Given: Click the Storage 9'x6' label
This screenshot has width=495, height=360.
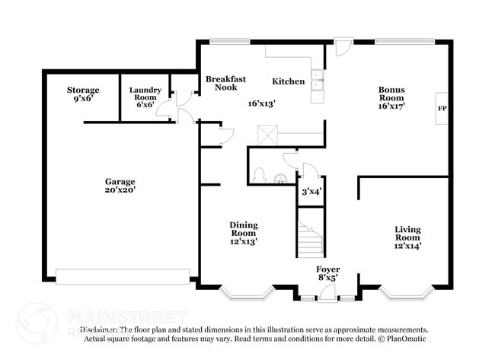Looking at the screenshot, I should pyautogui.click(x=82, y=94).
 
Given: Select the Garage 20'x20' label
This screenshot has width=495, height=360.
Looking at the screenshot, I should pyautogui.click(x=120, y=186).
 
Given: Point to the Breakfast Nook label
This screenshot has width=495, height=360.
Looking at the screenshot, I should pyautogui.click(x=225, y=83).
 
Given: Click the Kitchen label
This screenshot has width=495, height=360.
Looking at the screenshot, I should pyautogui.click(x=289, y=81).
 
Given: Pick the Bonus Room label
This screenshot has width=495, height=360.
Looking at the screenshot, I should pyautogui.click(x=391, y=97).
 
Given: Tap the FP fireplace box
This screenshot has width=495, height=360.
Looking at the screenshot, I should pyautogui.click(x=441, y=109).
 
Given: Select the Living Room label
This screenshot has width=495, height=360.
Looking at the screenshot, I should pyautogui.click(x=407, y=237).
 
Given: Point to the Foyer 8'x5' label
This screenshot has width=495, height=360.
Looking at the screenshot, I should pyautogui.click(x=328, y=274).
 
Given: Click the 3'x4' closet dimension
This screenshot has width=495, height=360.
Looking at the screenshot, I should pyautogui.click(x=311, y=191).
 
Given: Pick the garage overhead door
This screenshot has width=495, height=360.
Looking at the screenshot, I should pyautogui.click(x=123, y=276).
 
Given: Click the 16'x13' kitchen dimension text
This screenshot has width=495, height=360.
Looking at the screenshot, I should pyautogui.click(x=261, y=104).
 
